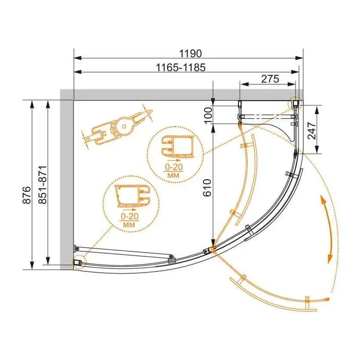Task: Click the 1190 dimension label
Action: click(x=190, y=53)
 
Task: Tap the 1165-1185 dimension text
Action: click(x=181, y=68)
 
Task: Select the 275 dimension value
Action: click(x=270, y=79)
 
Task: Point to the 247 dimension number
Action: click(x=312, y=131)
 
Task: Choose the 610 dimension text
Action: click(x=207, y=188)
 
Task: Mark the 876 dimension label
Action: click(x=26, y=195)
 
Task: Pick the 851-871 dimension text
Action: click(x=43, y=185)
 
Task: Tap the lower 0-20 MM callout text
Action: click(x=129, y=220)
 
